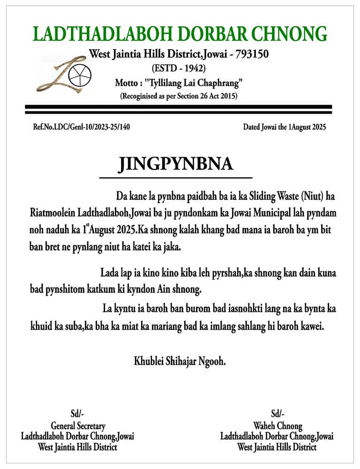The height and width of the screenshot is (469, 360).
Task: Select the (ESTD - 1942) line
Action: pyautogui.click(x=179, y=68)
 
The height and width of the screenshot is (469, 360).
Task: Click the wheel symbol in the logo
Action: pyautogui.click(x=77, y=73)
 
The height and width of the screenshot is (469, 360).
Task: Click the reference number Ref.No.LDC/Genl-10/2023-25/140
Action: pyautogui.click(x=80, y=127)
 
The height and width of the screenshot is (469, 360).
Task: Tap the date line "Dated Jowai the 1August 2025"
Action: pyautogui.click(x=284, y=127)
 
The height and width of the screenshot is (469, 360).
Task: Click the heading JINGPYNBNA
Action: pyautogui.click(x=175, y=164)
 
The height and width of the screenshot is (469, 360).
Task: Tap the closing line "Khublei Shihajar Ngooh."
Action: pyautogui.click(x=180, y=361)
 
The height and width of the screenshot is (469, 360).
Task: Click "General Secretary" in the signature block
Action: pyautogui.click(x=78, y=426)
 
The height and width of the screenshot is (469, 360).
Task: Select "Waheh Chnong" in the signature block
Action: pyautogui.click(x=277, y=426)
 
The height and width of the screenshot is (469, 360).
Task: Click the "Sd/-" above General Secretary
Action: pyautogui.click(x=77, y=415)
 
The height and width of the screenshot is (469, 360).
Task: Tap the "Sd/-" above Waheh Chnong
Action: pyautogui.click(x=277, y=415)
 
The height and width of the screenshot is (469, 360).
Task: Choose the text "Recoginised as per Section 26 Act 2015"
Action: pyautogui.click(x=179, y=97)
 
